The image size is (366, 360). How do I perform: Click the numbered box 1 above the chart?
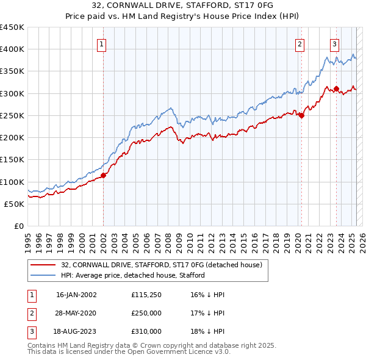click(102, 43)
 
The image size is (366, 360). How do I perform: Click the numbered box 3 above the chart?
click(335, 43)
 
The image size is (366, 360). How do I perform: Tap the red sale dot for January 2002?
click(103, 175)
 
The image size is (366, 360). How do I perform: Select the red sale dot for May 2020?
click(301, 115)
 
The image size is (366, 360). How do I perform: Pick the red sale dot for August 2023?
click(336, 89)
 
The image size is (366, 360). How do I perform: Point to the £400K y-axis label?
click(12, 49)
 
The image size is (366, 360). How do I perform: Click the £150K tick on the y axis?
click(12, 159)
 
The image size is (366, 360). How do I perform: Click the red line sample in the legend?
click(43, 265)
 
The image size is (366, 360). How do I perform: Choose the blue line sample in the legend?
click(43, 275)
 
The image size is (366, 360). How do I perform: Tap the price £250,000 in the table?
click(146, 313)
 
